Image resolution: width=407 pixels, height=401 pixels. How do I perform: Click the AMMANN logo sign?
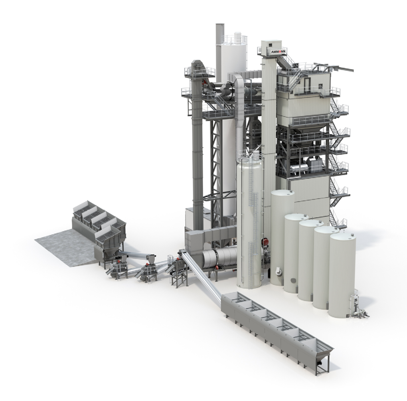pos(278,51)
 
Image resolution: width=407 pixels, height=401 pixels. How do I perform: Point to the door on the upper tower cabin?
pos(307,84)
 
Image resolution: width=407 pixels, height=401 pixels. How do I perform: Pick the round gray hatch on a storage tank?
pos(293,281)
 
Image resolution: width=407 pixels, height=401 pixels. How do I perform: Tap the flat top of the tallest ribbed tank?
pos(283,193)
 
